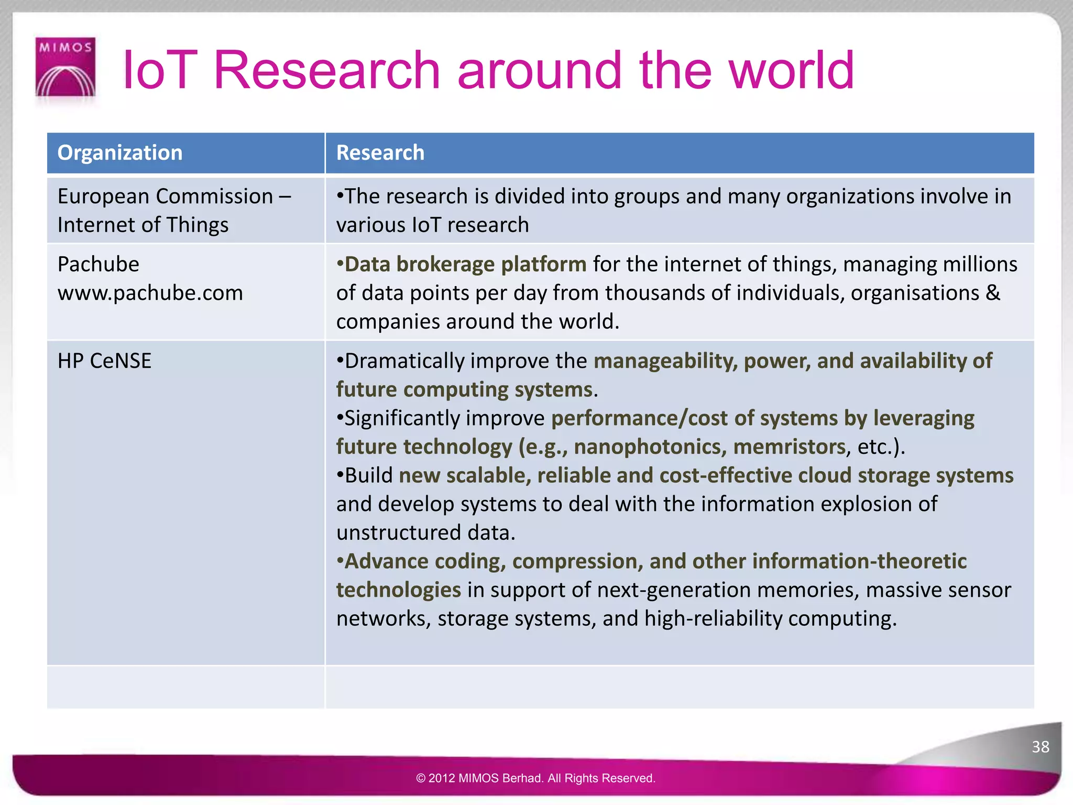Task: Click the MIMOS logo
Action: point(65,67)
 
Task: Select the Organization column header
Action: point(120,153)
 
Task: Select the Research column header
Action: point(380,153)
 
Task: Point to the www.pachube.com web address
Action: point(150,293)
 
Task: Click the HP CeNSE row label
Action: point(104,361)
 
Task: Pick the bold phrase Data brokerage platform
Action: point(465,264)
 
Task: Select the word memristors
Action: point(789,447)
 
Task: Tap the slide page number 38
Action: point(1040,746)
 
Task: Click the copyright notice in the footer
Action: point(535,778)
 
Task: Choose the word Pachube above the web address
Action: point(98,264)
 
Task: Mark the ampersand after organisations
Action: point(992,293)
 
